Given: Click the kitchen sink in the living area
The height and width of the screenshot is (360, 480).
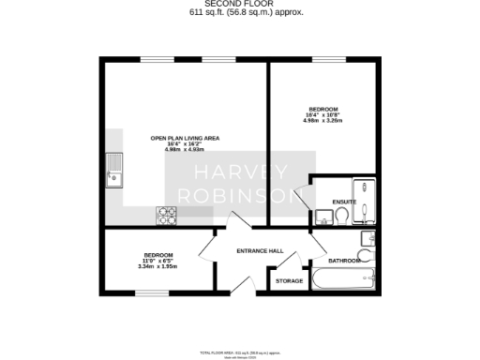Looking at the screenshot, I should (x=115, y=171).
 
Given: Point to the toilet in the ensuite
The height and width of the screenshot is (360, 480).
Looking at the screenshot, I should (x=343, y=216).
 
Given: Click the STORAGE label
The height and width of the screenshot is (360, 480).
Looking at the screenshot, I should (x=289, y=280).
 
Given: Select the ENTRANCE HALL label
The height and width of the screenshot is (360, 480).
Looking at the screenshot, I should (x=260, y=250).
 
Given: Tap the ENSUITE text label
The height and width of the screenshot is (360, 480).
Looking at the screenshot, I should (x=343, y=201).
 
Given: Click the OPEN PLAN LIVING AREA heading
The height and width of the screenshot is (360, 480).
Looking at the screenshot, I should (x=185, y=138).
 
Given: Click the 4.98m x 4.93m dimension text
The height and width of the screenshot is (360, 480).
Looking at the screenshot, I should (x=185, y=150).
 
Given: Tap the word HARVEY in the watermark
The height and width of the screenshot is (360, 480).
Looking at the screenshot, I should (x=241, y=173).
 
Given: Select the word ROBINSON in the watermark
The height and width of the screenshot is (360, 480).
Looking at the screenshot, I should (x=241, y=197).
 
